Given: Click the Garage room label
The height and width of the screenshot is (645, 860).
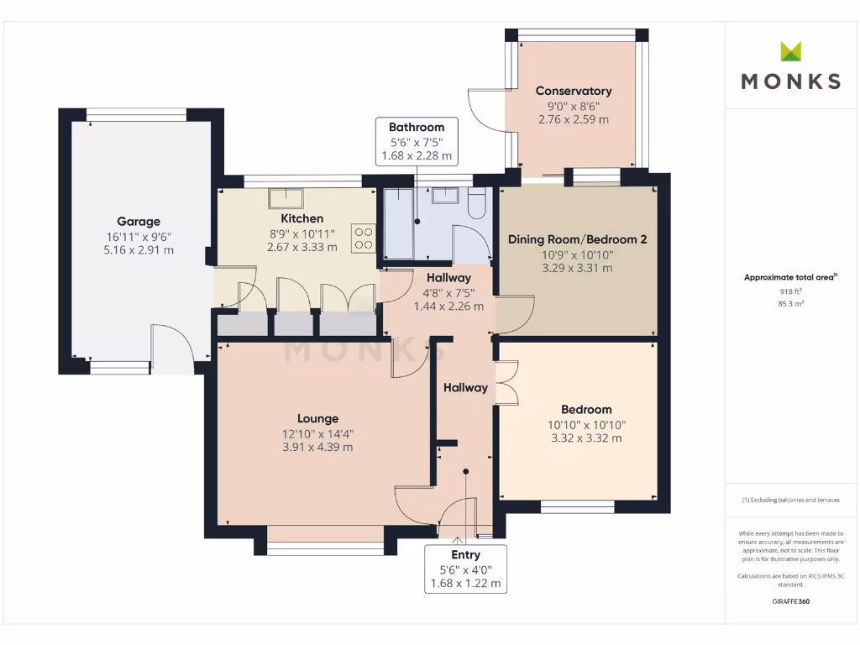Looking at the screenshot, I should click(x=139, y=222).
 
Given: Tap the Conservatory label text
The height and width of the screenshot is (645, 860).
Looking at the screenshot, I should click(x=574, y=91).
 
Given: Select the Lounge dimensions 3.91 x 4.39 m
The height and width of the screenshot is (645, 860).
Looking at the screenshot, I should click(x=317, y=447).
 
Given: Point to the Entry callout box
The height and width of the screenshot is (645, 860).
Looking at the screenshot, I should click(x=465, y=569).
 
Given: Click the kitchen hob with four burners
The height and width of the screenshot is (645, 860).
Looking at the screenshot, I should click(x=364, y=238).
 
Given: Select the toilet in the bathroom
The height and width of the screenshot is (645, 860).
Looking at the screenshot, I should click(x=477, y=204).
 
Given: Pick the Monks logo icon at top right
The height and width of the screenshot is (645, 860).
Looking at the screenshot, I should click(x=790, y=51).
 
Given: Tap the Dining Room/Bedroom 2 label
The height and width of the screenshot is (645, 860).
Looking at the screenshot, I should click(x=577, y=239).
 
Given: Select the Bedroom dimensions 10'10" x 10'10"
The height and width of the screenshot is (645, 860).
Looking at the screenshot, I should click(x=586, y=425).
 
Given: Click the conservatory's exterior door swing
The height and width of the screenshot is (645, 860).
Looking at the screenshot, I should click(x=485, y=110).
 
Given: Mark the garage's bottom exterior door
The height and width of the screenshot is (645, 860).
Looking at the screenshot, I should click(x=170, y=349).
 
